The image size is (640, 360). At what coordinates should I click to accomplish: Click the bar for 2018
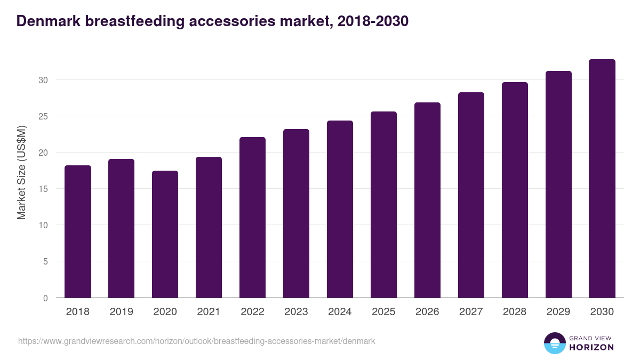pos(78,231)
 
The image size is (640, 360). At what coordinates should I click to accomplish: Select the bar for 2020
pos(165,234)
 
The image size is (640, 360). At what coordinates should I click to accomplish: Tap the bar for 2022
pos(252,217)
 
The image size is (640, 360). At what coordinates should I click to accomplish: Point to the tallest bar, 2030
pos(602,178)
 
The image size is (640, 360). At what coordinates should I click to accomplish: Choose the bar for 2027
pos(471,195)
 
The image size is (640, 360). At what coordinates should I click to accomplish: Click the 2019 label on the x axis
pos(122,312)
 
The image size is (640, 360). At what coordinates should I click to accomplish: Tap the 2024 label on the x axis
pos(340,312)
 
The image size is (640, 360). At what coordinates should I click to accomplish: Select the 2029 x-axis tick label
pos(558,312)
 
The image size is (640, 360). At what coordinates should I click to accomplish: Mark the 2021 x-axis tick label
pos(209,312)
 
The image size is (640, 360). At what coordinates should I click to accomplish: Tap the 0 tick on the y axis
pos(45,298)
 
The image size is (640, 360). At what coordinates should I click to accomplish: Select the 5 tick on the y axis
pos(45,262)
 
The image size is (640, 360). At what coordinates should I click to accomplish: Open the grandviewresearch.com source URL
pos(197,341)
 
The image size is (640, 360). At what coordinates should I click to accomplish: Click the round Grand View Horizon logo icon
pos(554,343)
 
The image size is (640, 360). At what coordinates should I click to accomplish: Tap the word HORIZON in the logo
pos(591,347)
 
